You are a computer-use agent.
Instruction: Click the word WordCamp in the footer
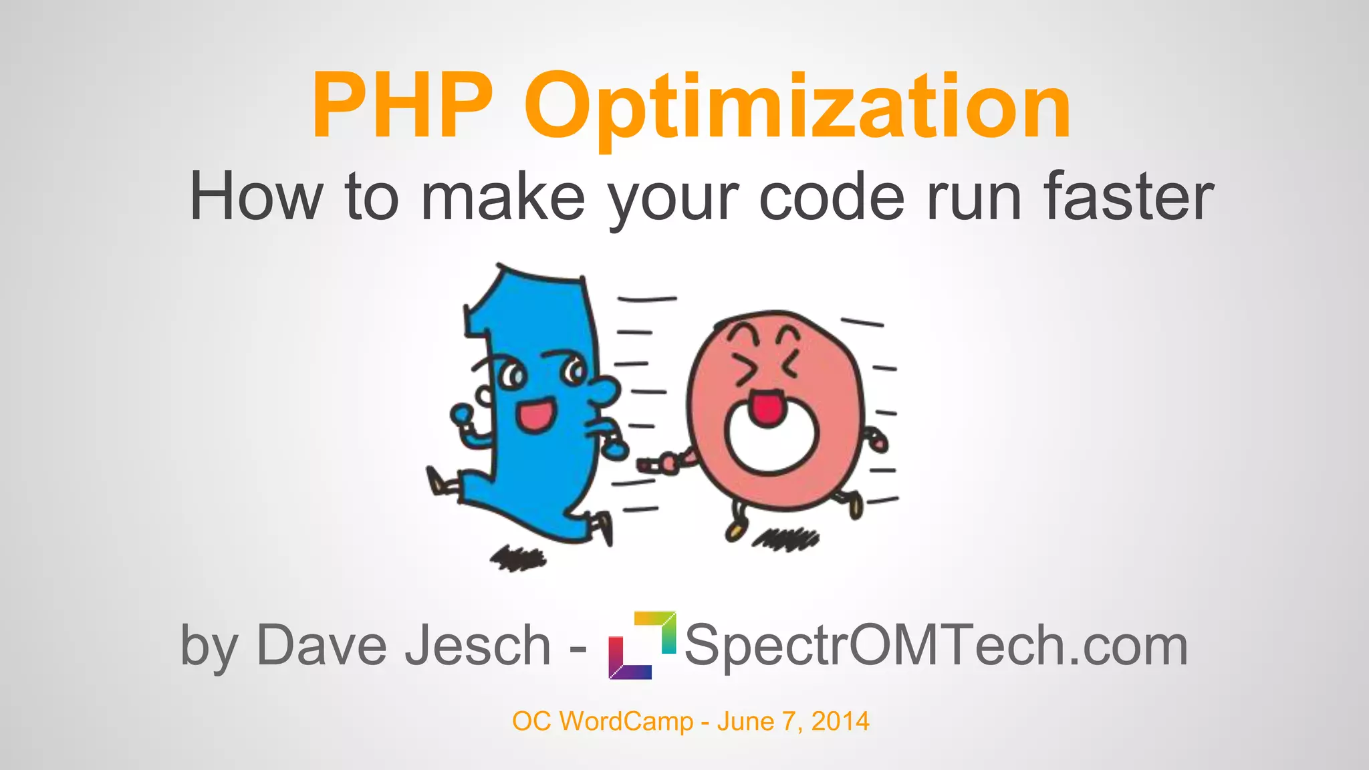[x=626, y=721]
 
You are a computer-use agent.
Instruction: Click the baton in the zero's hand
[x=647, y=464]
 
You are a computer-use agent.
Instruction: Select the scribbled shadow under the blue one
[x=518, y=558]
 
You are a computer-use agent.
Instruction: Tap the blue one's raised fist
[x=461, y=414]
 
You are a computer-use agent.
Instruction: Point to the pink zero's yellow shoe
[x=735, y=531]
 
